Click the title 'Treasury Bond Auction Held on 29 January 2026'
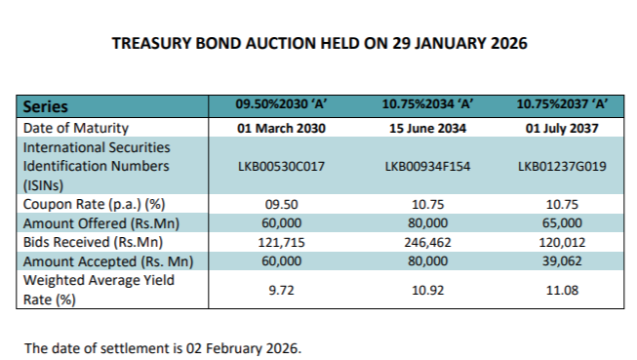point(319,44)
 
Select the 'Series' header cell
point(45,106)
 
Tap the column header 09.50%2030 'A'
point(280,105)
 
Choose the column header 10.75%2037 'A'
point(563,105)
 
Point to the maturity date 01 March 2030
point(280,127)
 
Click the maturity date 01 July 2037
point(563,127)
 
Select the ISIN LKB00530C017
point(280,167)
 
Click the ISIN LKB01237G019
point(563,167)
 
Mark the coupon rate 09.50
point(280,206)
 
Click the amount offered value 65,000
point(563,224)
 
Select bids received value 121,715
point(280,243)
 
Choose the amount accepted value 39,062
point(563,261)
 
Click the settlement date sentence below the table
point(164,346)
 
